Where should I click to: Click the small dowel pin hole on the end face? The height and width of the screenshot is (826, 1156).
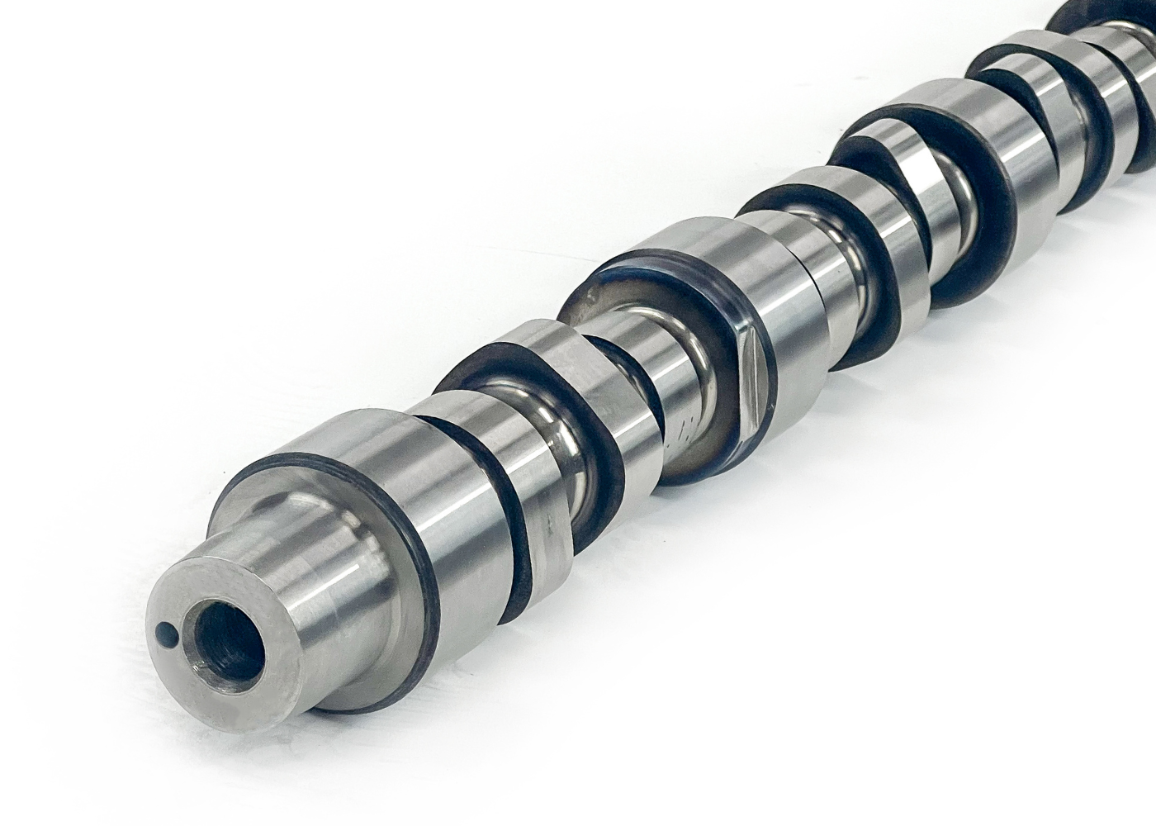coord(163,634)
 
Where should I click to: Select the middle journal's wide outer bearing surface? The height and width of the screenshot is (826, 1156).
coord(776,297)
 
